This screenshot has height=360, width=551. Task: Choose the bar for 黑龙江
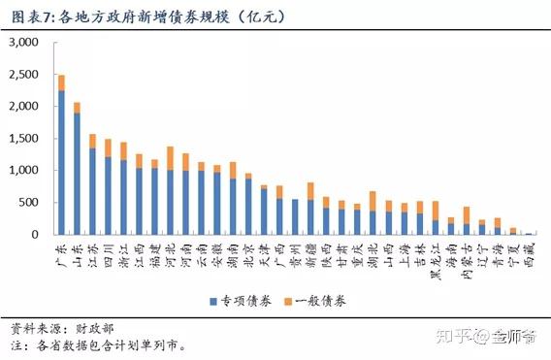[x=436, y=218]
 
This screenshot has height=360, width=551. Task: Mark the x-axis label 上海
[x=404, y=252]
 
